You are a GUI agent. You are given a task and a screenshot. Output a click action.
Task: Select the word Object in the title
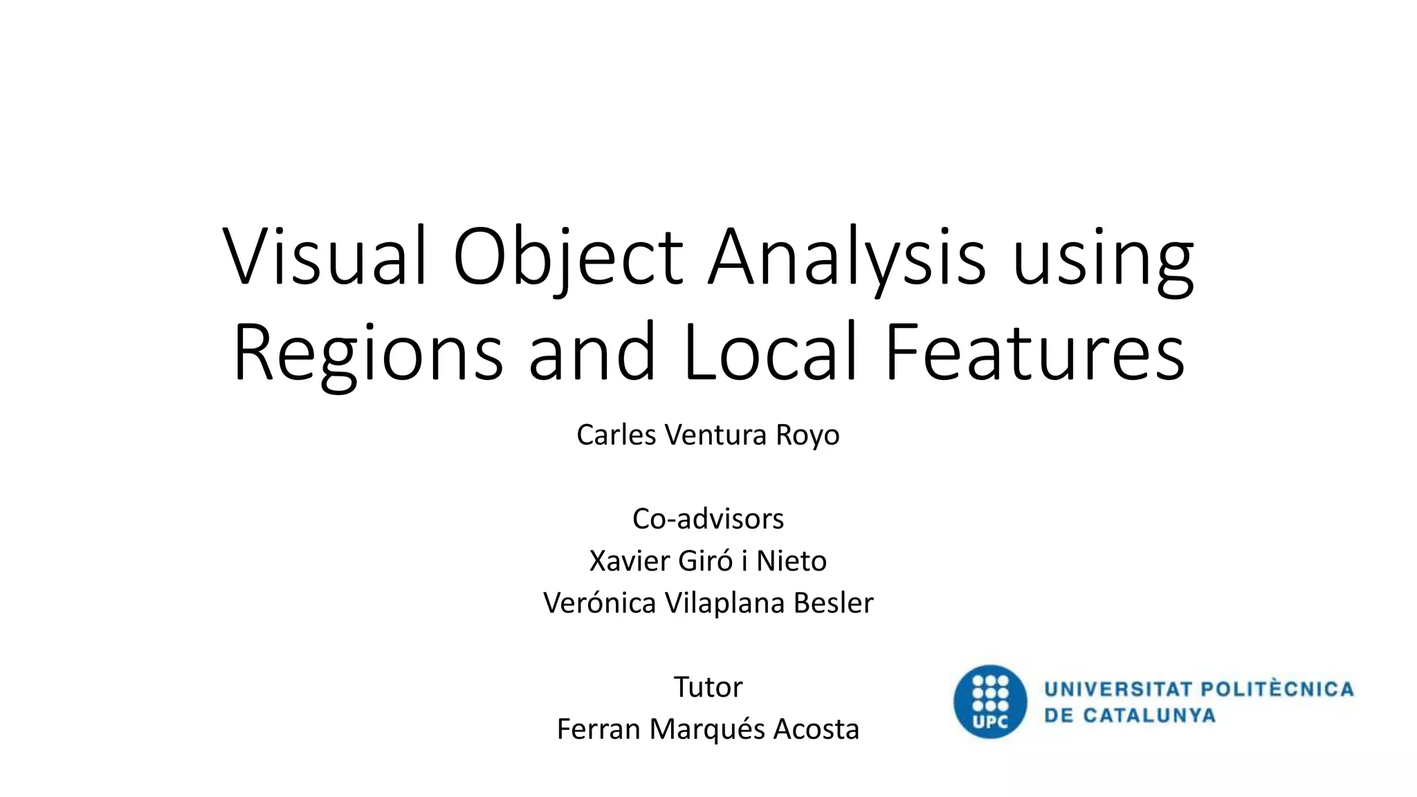coord(567,257)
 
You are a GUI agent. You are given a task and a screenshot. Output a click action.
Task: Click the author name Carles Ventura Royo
coord(708,435)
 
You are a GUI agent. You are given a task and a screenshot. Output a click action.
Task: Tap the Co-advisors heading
coord(708,519)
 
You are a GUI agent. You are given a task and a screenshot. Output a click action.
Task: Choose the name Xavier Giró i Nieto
coord(708,561)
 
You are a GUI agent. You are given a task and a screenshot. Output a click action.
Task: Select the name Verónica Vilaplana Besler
coord(708,603)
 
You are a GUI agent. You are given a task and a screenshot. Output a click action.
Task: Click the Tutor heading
coord(708,687)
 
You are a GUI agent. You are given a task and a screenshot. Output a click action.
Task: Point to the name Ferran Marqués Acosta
coord(708,729)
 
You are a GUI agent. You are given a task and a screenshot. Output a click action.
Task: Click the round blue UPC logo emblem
coord(990,702)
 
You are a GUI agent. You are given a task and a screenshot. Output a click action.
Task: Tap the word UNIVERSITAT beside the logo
coord(1118,689)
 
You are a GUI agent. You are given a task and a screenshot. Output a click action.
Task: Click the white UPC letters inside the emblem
coord(990,723)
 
